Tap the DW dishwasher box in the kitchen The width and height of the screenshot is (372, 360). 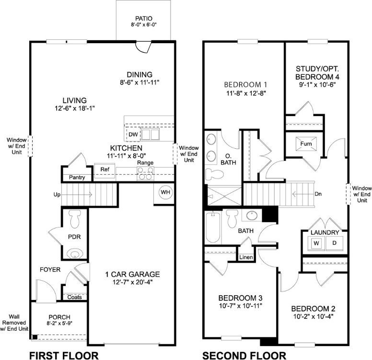click(133, 134)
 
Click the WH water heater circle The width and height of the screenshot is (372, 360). click(165, 192)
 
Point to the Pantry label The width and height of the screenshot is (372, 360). click(77, 178)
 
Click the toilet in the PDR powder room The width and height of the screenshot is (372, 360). click(75, 220)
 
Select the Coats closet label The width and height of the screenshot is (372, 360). click(74, 297)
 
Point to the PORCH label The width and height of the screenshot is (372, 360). click(59, 317)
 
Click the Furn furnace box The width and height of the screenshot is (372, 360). click(305, 144)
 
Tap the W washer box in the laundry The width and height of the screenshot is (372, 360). click(316, 243)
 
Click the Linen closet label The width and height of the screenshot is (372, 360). click(245, 257)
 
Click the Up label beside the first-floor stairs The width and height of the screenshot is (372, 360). click(57, 195)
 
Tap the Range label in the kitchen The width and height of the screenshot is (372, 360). click(145, 163)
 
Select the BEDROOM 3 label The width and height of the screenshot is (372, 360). click(240, 298)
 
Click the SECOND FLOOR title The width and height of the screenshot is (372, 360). click(244, 355)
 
